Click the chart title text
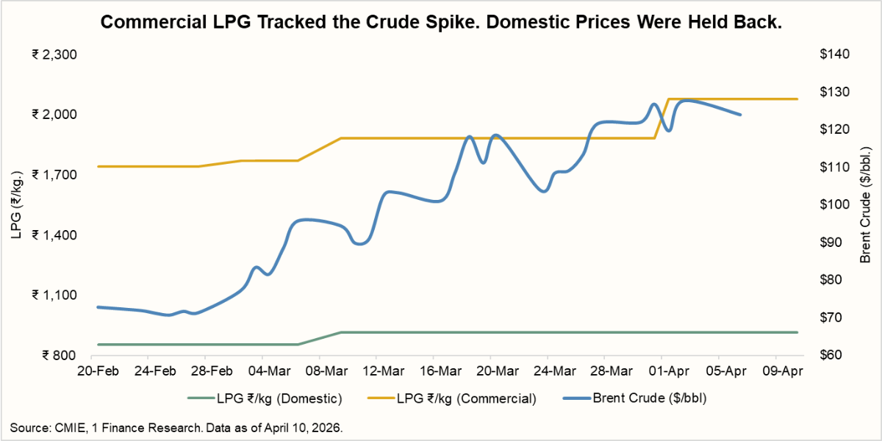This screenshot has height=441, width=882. pos(440,22)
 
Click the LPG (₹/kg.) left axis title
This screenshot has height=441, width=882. pos(16,204)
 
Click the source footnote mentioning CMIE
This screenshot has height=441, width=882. pos(176,427)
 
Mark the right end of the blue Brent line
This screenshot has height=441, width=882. pos(740,115)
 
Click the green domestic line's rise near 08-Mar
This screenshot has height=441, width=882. pos(320,338)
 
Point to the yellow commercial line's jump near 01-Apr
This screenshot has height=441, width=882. pos(661,118)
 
